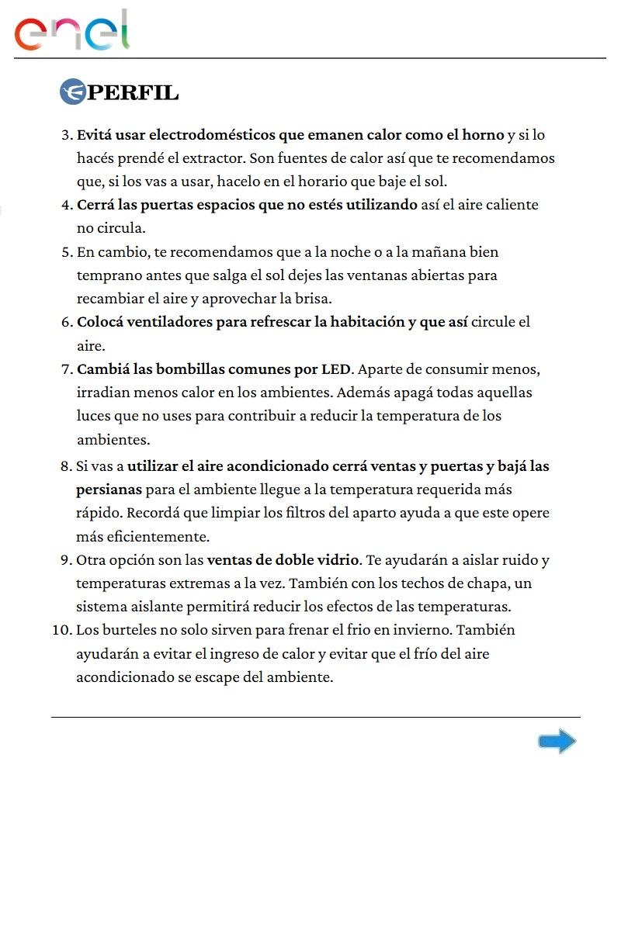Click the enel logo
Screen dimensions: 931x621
(71, 31)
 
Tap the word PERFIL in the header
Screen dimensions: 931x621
(134, 93)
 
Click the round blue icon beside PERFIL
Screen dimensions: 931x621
(72, 92)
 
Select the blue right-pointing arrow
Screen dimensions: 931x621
(557, 742)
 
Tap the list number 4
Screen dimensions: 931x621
(66, 206)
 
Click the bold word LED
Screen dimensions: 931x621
(336, 368)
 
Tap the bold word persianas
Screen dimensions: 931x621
(109, 490)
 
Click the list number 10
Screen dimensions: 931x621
(61, 629)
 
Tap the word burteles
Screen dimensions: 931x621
(127, 629)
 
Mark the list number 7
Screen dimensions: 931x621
(66, 369)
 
